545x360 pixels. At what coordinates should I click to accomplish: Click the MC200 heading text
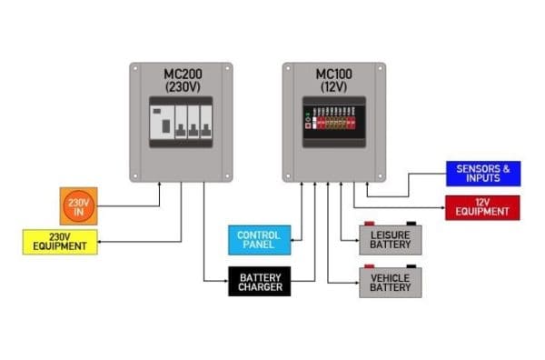[181, 75]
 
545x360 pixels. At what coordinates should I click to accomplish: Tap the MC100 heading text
[333, 75]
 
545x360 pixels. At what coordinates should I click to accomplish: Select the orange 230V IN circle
[78, 205]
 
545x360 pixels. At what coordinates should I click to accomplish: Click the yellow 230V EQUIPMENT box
[57, 242]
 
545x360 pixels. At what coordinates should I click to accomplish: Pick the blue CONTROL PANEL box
[258, 240]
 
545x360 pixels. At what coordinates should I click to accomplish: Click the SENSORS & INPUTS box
[482, 174]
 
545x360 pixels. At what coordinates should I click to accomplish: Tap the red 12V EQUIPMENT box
[482, 207]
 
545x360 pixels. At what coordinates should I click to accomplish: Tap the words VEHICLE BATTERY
[391, 283]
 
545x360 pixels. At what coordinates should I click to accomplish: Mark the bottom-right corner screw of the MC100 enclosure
[379, 175]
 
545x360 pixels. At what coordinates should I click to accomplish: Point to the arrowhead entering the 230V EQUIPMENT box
[97, 242]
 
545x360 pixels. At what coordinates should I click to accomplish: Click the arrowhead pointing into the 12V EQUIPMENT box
[442, 207]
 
